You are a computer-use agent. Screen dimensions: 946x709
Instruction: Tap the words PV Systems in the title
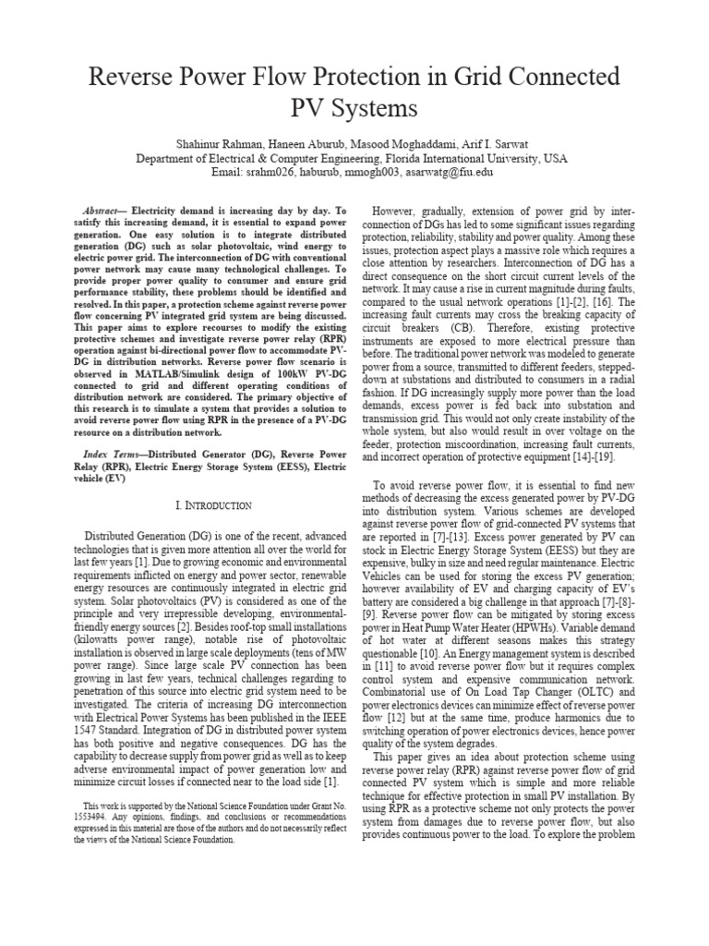[354, 108]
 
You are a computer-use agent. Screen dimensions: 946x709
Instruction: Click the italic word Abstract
[102, 211]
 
